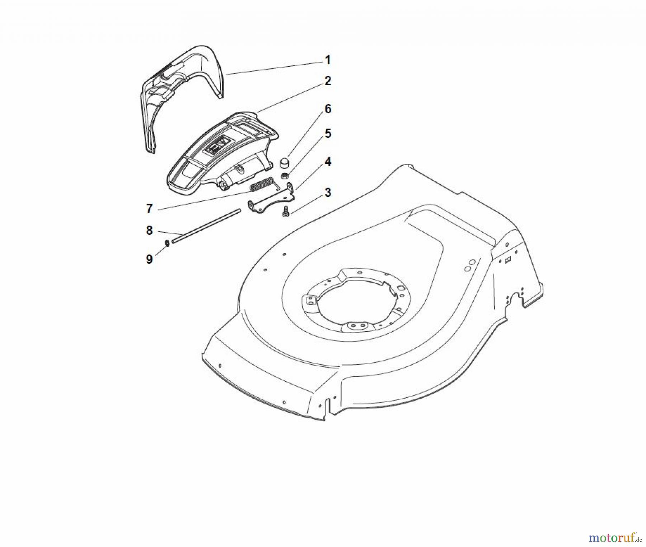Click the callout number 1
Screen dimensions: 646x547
point(327,60)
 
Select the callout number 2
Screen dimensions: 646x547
point(328,81)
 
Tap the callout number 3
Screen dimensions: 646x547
point(328,193)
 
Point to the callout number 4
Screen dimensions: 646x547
point(328,162)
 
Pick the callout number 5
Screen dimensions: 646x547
point(328,134)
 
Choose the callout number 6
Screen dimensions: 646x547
point(328,109)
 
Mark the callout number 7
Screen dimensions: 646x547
point(149,208)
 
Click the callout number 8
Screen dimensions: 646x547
point(149,230)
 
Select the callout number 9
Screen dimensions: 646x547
point(149,259)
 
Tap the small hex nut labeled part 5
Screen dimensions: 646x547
point(285,176)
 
